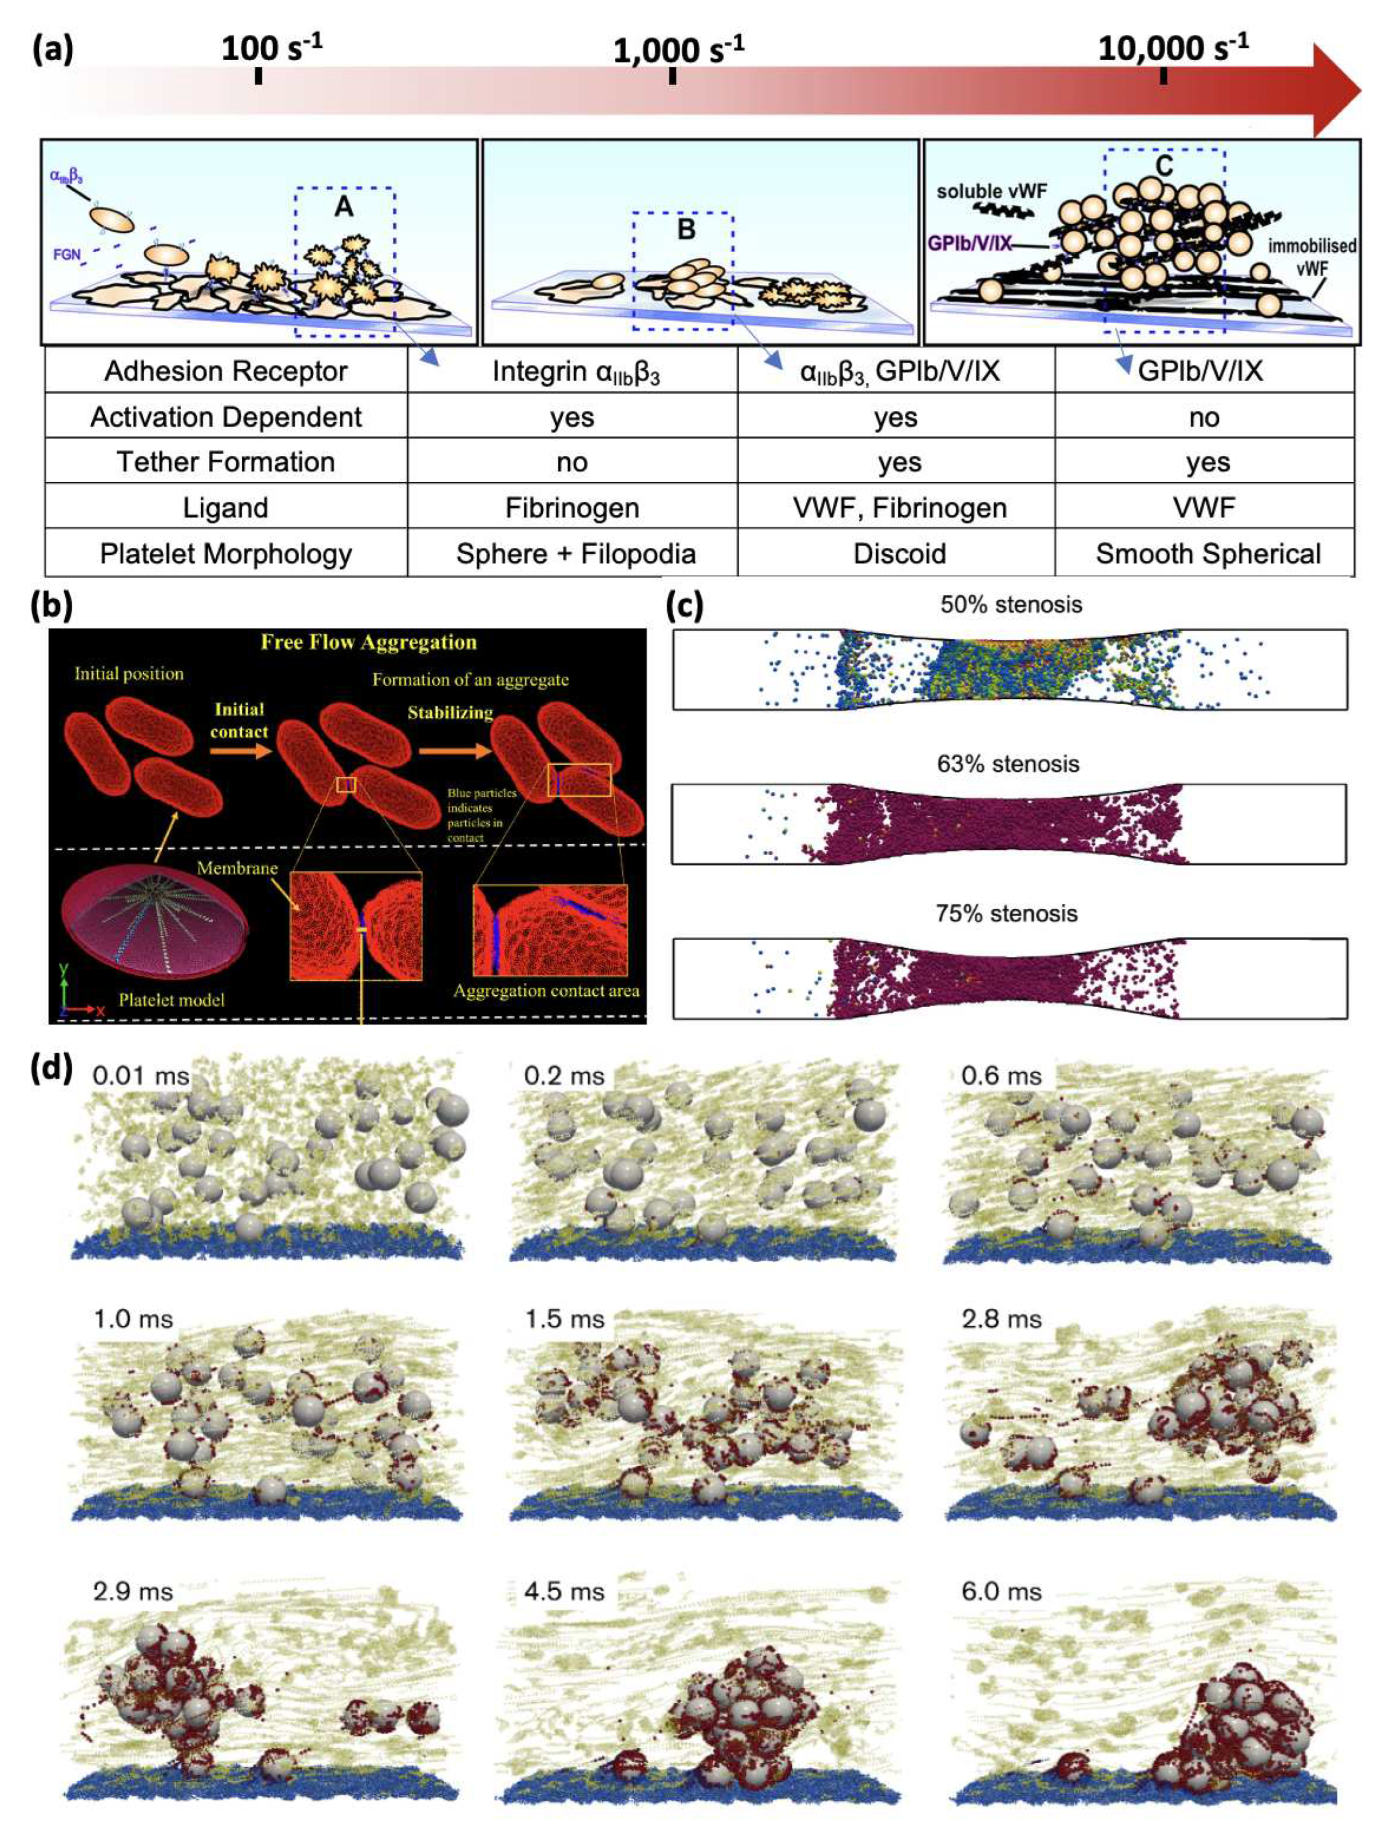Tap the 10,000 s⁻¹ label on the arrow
coord(1172,49)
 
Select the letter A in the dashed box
coord(344,206)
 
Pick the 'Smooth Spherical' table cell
coord(1208,554)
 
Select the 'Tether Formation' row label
coord(225,462)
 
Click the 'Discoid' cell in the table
coord(899,554)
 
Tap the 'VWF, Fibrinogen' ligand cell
coord(899,507)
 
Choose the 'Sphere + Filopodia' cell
coord(575,554)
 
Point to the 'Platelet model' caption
coord(171,1000)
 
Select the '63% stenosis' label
coord(1007,764)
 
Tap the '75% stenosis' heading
coord(1007,914)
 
